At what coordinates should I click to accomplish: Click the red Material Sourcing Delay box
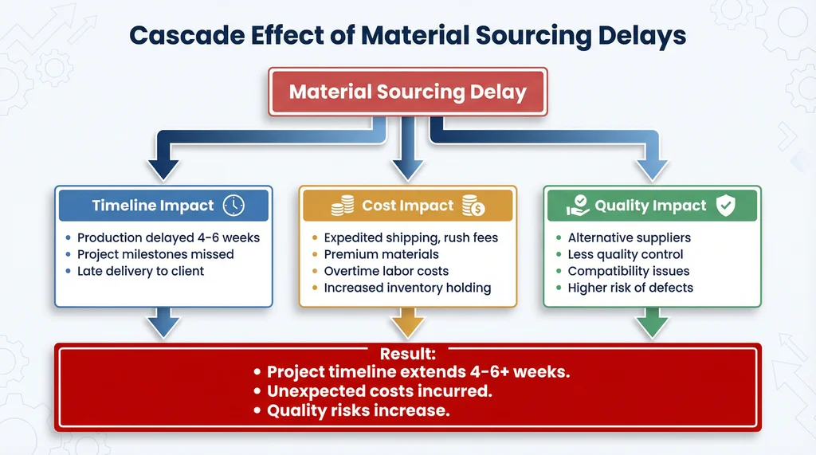tap(407, 92)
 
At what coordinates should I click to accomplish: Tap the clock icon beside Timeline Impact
tap(233, 206)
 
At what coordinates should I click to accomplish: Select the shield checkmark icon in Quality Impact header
tap(725, 206)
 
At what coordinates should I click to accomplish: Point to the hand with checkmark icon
tap(578, 206)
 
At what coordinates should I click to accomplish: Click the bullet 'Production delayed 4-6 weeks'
tap(168, 237)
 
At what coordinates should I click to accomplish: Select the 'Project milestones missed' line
tap(155, 254)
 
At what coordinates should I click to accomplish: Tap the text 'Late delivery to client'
tap(140, 271)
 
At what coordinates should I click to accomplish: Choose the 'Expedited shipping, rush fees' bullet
tap(410, 237)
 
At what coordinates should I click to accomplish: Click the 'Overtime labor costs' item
tap(386, 271)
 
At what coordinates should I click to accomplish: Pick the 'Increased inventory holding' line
tap(407, 288)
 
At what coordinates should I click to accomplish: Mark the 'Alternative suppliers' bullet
tap(629, 237)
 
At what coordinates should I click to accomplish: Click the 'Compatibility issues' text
tap(628, 271)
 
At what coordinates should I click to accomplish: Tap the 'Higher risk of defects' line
tap(630, 288)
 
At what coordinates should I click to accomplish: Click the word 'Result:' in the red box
tap(407, 353)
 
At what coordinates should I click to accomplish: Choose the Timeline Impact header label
tap(153, 206)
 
